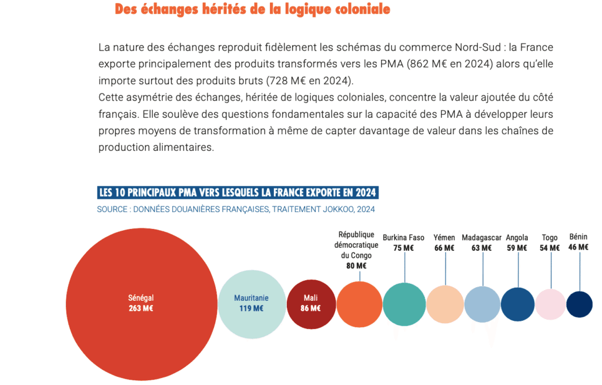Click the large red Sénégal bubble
point(141,304)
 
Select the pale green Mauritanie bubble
point(252,304)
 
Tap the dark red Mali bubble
point(312,304)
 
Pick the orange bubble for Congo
point(359,304)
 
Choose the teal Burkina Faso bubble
point(404,304)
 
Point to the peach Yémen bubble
point(445,304)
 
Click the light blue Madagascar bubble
point(483,304)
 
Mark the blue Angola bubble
point(517,304)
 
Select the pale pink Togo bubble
point(550,304)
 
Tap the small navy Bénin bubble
point(579,304)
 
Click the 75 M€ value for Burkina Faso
point(403,248)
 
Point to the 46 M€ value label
point(578,247)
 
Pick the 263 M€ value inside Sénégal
point(141,308)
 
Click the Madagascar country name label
point(481,238)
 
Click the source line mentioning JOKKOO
point(236,209)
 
